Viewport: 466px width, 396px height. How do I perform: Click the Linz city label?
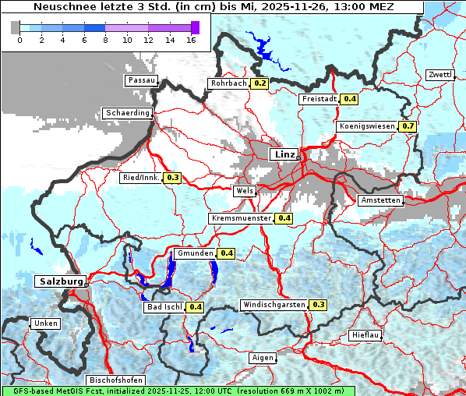[x=284, y=154]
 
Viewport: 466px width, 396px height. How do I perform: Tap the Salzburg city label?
[x=59, y=281]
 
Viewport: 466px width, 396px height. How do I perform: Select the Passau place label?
[x=142, y=80]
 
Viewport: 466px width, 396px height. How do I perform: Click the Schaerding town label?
[x=127, y=113]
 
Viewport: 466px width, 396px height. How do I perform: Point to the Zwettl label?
[x=440, y=75]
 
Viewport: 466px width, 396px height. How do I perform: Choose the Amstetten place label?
[x=380, y=200]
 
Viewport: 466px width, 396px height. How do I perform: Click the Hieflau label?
[x=365, y=335]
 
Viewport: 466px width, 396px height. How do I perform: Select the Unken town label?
[x=45, y=324]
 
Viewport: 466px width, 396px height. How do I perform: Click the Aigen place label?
[x=263, y=358]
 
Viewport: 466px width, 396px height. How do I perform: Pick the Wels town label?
[x=244, y=191]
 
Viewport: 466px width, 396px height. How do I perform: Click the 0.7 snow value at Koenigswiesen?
[x=408, y=126]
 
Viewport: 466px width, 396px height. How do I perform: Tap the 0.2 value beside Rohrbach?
[x=259, y=83]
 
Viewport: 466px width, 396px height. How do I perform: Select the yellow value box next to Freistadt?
[x=350, y=99]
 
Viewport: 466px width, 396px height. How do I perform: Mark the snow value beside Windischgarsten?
[x=318, y=304]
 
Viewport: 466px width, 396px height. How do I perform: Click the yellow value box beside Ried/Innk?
[x=172, y=178]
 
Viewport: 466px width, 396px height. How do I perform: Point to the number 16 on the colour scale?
[x=190, y=41]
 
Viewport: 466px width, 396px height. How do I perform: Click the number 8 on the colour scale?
[x=104, y=41]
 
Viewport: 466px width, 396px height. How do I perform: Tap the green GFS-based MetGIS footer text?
[x=178, y=391]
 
